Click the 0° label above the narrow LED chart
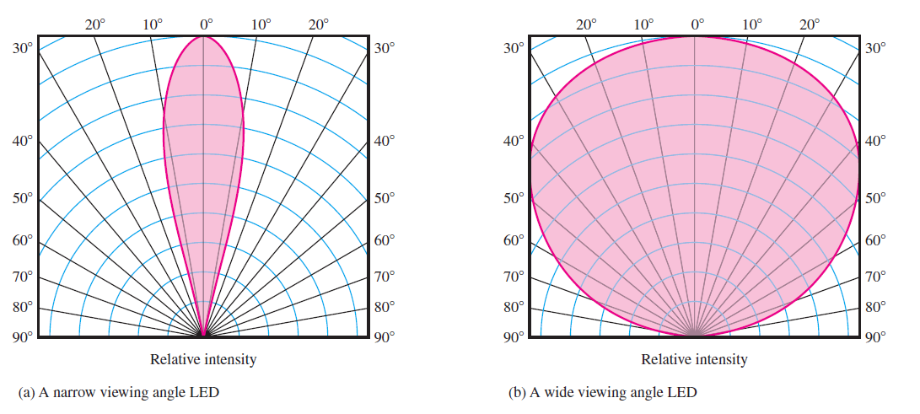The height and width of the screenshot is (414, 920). click(206, 24)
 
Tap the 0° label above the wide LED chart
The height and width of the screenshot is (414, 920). click(697, 24)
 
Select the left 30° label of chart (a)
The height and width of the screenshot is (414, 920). click(22, 48)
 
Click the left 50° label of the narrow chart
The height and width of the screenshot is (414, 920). click(22, 199)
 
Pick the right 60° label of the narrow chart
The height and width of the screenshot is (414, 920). click(385, 240)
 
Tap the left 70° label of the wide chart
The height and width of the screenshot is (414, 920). click(513, 276)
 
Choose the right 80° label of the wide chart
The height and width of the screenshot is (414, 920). click(875, 307)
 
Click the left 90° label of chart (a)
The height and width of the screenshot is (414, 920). click(22, 337)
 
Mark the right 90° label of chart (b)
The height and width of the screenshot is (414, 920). click(875, 337)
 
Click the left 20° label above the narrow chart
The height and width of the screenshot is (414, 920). click(96, 24)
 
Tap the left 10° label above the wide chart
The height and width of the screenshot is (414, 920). click(643, 24)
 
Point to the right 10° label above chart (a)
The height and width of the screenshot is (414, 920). click(261, 24)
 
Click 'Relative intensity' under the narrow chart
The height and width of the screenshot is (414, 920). click(203, 359)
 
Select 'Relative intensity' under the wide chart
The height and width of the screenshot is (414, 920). click(694, 359)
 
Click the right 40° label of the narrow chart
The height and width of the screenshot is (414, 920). click(385, 141)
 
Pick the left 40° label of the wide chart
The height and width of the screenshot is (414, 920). click(513, 141)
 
